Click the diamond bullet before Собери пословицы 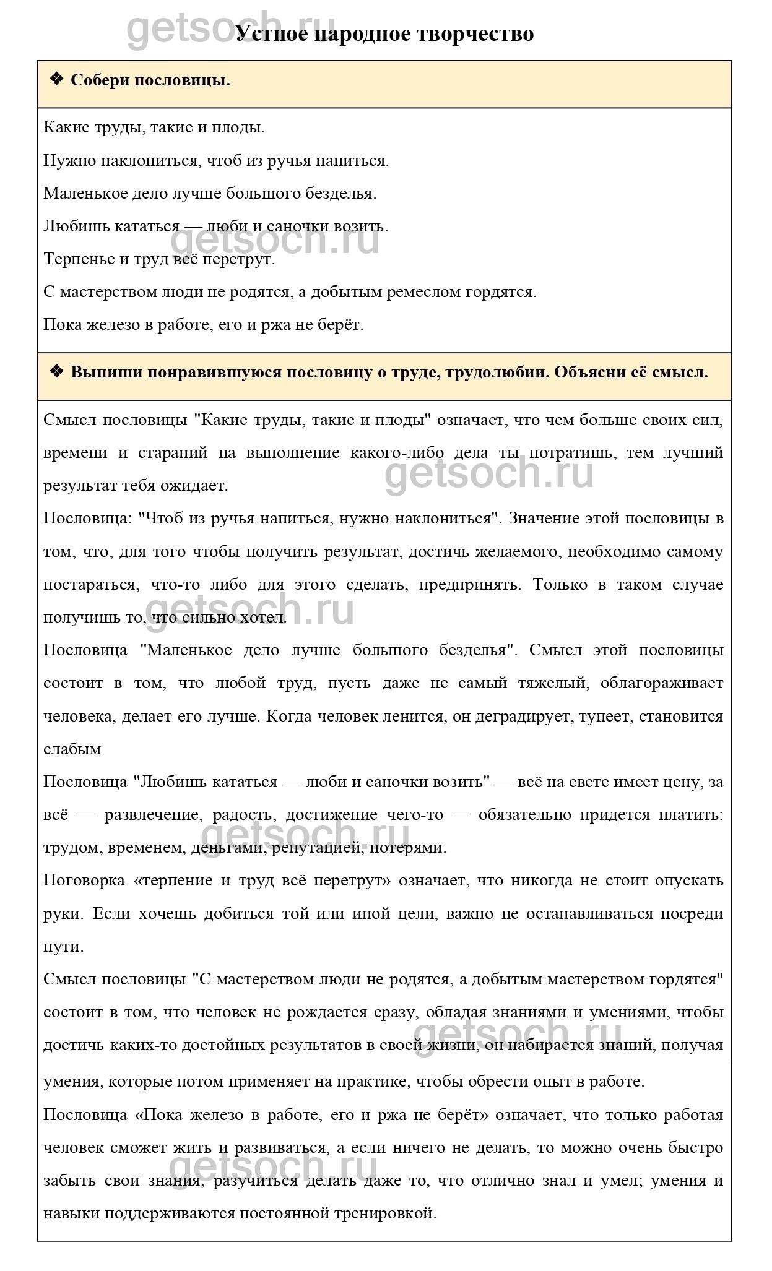(x=56, y=79)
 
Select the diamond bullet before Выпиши (x=56, y=372)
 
